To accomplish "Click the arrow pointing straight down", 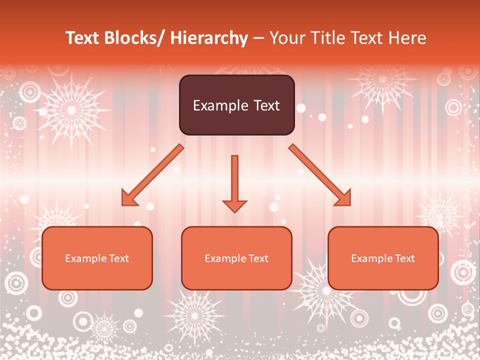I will [x=234, y=182].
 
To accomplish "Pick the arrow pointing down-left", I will [x=152, y=175].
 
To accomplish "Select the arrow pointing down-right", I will [x=320, y=175].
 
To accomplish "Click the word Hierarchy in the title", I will [x=209, y=38].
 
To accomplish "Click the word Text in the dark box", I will [x=266, y=105].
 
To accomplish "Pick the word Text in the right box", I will [x=404, y=258].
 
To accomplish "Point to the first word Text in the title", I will [x=82, y=38].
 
